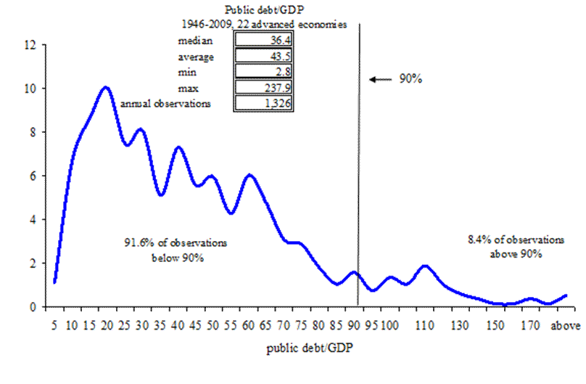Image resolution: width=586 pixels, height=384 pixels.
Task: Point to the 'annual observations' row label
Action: tap(165, 103)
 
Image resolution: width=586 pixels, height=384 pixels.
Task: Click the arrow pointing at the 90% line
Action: tap(378, 79)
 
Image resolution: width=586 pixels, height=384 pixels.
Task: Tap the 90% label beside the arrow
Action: tap(410, 79)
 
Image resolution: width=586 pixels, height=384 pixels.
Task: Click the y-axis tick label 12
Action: tap(30, 45)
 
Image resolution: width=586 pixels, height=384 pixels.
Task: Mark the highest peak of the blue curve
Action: tap(106, 87)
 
